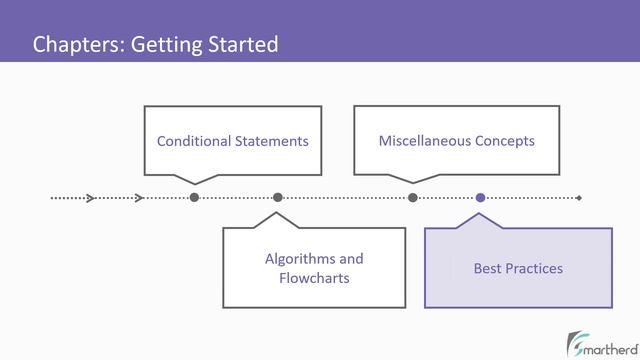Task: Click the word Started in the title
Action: tap(242, 45)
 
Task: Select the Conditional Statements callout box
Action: tap(232, 140)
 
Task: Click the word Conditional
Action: tap(194, 141)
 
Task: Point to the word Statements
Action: tap(271, 141)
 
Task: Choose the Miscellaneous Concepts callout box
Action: tap(456, 140)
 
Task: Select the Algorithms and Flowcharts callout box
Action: tap(313, 267)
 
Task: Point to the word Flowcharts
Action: tap(314, 278)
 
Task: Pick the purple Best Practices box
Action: tap(518, 268)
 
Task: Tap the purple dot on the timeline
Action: tap(480, 198)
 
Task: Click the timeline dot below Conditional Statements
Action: tap(194, 198)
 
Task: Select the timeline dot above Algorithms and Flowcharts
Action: tap(278, 198)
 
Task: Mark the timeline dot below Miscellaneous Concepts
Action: tap(412, 198)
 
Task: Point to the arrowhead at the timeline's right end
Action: tap(578, 198)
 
